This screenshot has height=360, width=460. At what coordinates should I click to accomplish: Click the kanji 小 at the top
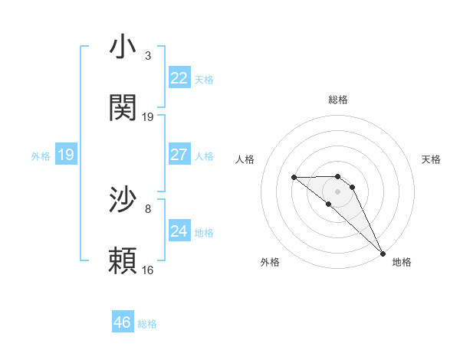[123, 47]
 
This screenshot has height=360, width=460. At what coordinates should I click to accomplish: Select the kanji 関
[123, 108]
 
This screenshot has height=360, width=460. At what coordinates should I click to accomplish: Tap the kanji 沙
[123, 200]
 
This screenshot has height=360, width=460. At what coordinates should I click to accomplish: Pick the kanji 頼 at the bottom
[123, 261]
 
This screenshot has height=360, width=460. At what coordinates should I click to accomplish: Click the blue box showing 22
[179, 78]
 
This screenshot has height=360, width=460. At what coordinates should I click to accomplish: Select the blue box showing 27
[179, 155]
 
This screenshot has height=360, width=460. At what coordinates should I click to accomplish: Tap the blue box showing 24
[179, 231]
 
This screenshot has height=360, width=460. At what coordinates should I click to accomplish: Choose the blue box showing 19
[66, 155]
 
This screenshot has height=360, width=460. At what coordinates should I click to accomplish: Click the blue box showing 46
[123, 322]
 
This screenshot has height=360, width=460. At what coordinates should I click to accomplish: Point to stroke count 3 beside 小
[148, 56]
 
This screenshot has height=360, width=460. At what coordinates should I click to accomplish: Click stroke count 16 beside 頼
[148, 270]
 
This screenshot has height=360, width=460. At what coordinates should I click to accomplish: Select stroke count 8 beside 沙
[148, 208]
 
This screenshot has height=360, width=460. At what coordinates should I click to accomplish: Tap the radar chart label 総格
[338, 100]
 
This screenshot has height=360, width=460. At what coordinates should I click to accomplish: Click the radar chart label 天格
[432, 159]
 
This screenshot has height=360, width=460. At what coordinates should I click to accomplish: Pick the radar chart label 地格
[402, 262]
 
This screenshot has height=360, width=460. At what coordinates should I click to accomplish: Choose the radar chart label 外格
[270, 262]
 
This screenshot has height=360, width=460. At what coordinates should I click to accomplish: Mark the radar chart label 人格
[245, 159]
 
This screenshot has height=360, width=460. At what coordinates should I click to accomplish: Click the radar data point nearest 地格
[382, 253]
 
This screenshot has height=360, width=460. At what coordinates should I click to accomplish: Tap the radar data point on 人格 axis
[294, 178]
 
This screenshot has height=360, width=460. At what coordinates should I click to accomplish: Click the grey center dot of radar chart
[337, 191]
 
